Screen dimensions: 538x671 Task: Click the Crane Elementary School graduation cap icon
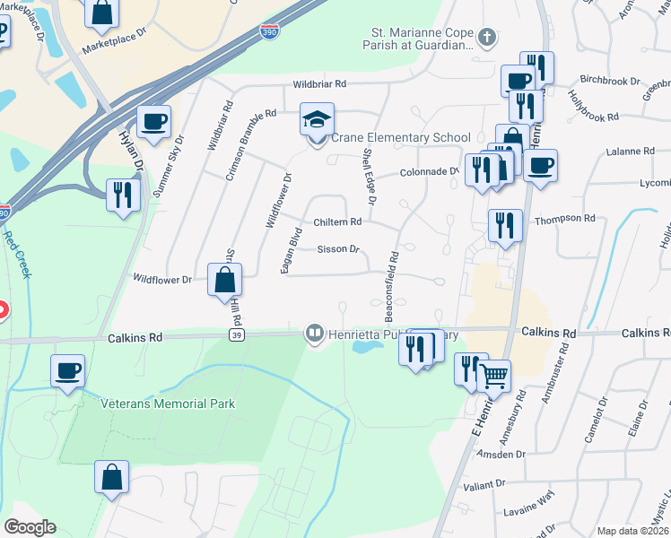(317, 119)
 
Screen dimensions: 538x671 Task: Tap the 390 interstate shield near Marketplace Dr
(269, 31)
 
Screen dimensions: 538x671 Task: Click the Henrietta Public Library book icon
(314, 334)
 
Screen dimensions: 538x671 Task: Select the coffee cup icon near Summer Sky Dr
(153, 122)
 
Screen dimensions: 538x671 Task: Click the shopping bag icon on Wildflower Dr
(223, 280)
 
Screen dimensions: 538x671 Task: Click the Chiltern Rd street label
(337, 221)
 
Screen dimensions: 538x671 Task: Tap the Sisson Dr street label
(338, 249)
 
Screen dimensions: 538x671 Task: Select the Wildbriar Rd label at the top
(319, 84)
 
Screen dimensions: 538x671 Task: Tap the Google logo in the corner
(29, 527)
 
